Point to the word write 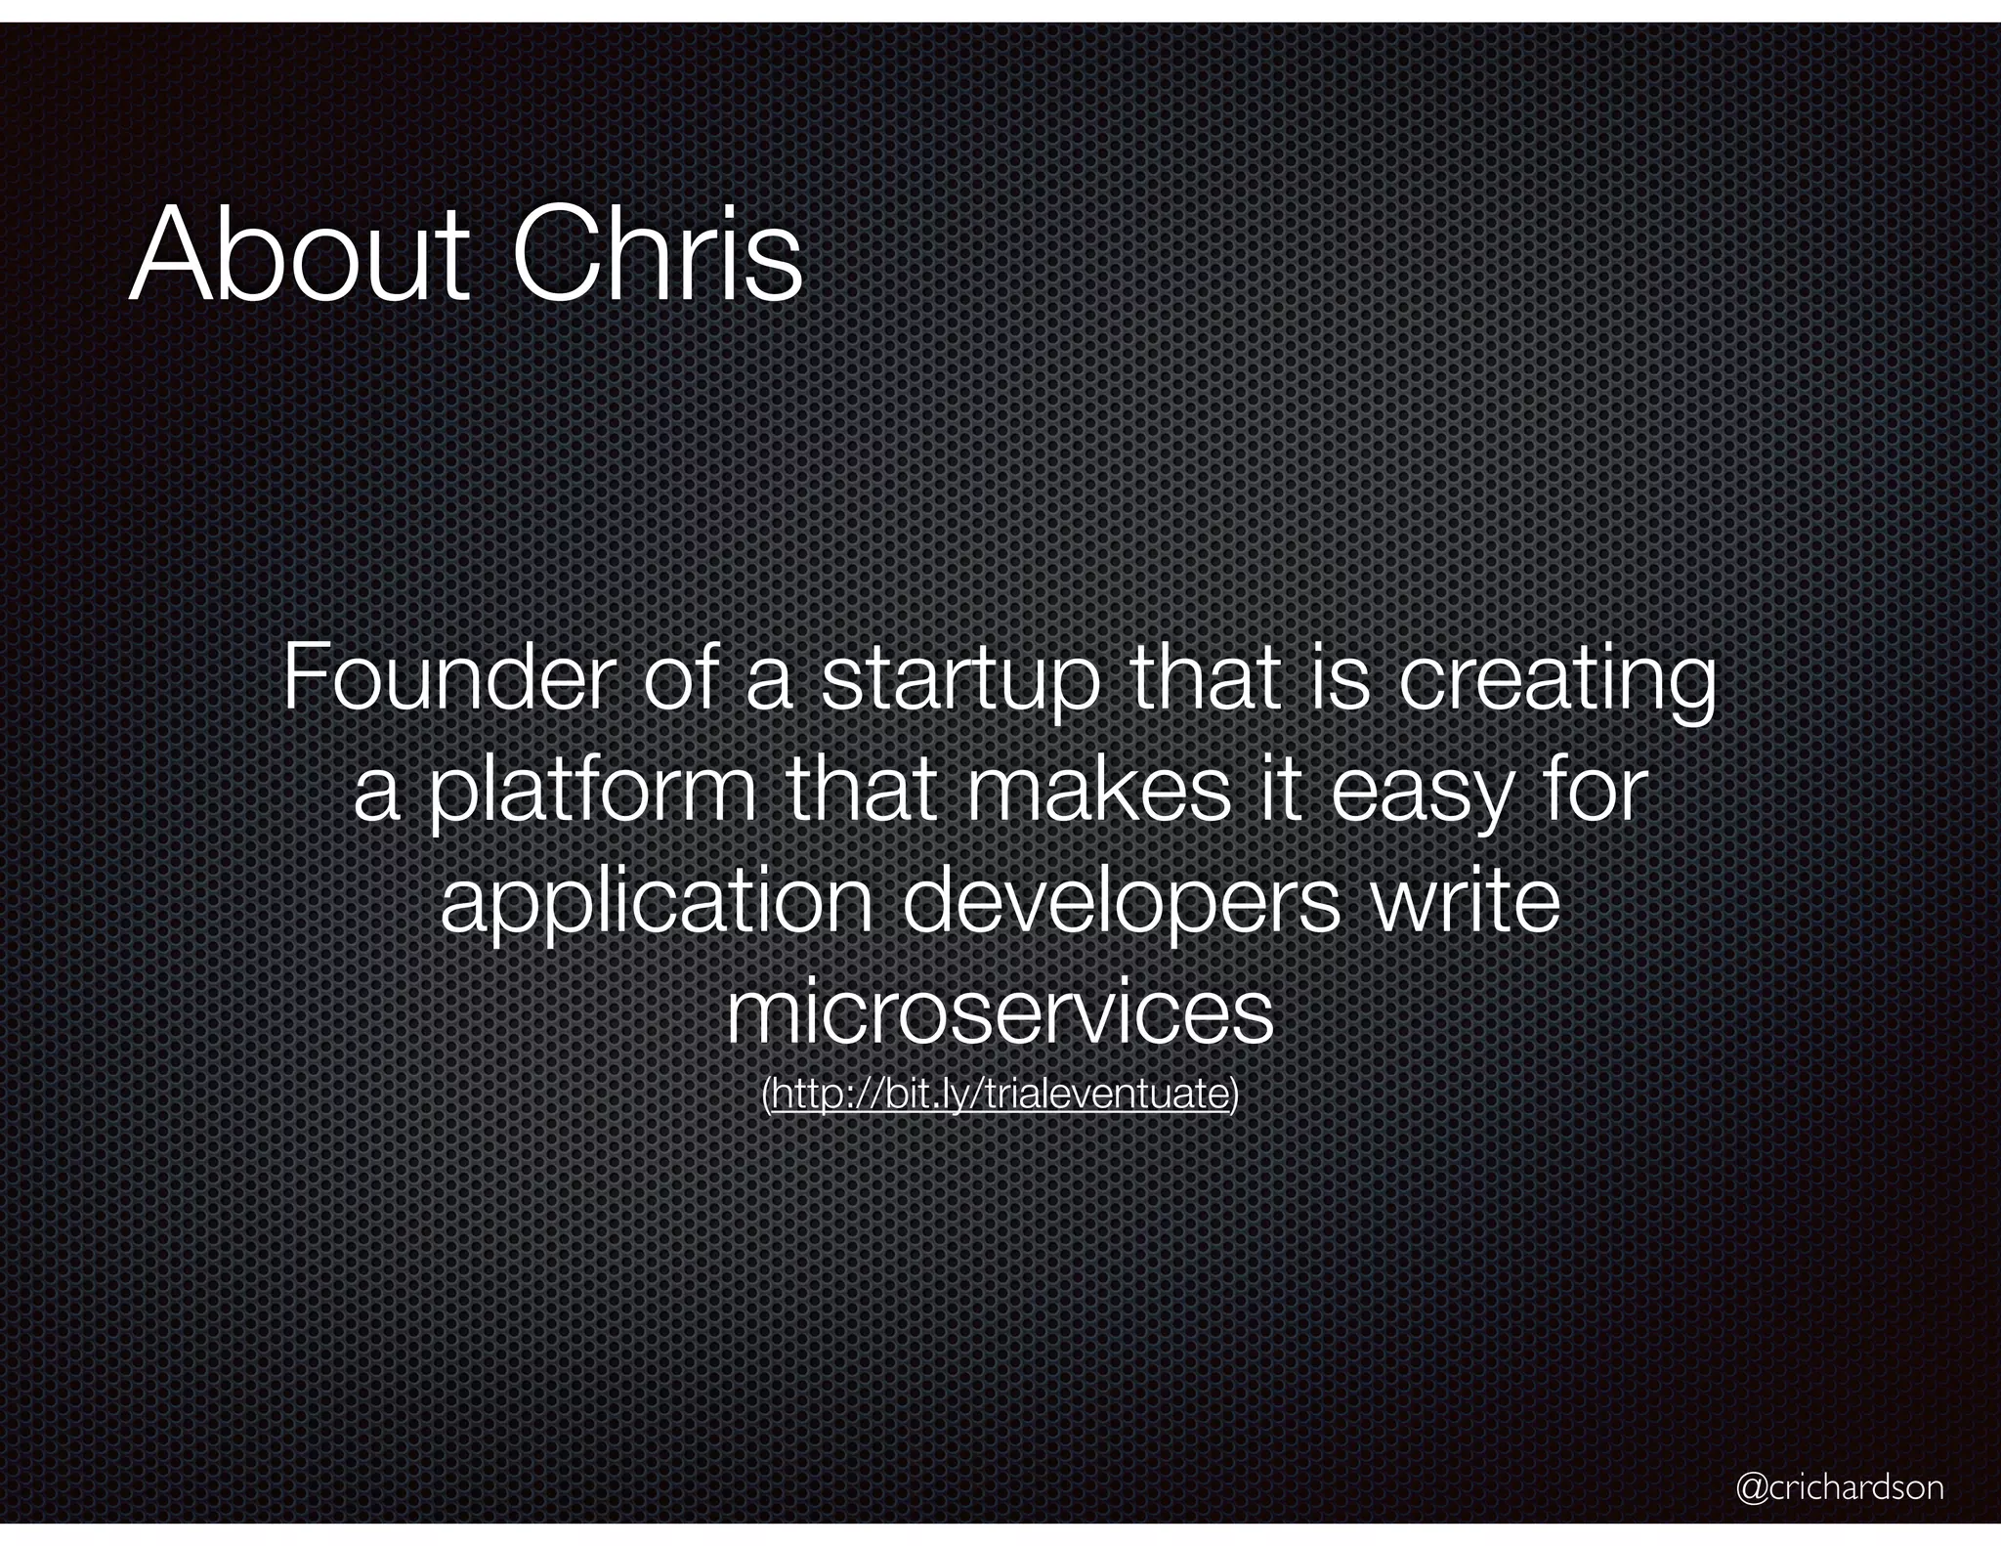click(1466, 901)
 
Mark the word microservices click(1000, 1012)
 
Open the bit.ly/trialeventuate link click(1000, 1095)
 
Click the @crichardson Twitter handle click(1840, 1487)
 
